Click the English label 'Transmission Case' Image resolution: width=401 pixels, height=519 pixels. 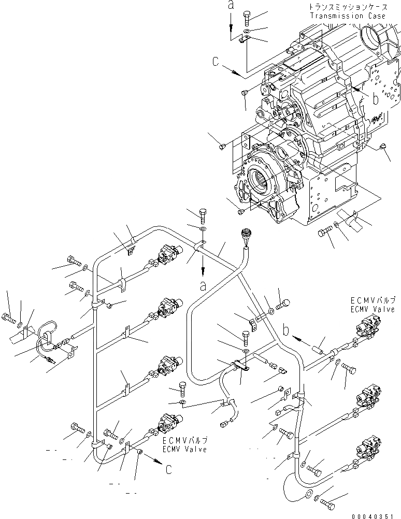[x=348, y=16]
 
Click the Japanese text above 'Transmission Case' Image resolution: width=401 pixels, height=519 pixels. [x=348, y=8]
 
